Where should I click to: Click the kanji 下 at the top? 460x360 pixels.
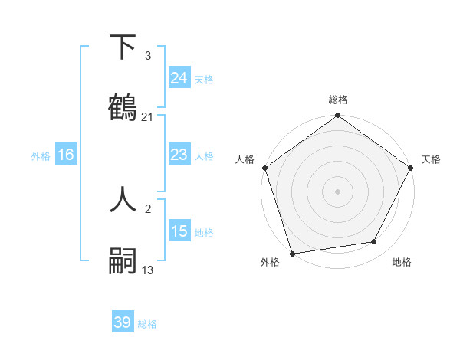[x=123, y=48]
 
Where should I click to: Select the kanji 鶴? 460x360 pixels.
[x=123, y=108]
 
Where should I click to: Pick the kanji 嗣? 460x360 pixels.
[x=123, y=261]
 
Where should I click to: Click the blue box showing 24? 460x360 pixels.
[x=179, y=77]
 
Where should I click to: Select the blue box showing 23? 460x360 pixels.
[x=179, y=155]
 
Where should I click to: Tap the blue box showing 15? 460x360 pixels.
[x=179, y=231]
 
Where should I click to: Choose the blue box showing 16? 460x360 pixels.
[x=66, y=155]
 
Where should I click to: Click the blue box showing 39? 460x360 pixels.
[x=123, y=322]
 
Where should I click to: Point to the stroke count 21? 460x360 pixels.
[x=148, y=117]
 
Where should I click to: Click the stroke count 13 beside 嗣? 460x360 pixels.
[x=148, y=269]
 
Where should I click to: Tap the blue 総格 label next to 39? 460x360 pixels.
[x=147, y=324]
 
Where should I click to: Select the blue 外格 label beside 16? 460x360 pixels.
[x=41, y=156]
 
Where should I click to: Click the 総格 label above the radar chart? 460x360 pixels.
[x=338, y=100]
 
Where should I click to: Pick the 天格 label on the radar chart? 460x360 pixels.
[x=431, y=159]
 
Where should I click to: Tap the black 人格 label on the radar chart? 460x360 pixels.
[x=245, y=159]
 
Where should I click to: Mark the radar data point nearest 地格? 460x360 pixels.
[x=374, y=241]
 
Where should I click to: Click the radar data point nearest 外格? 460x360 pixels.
[x=292, y=253]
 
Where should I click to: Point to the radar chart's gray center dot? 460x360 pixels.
[x=338, y=191]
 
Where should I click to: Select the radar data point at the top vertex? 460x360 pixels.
[x=338, y=116]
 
